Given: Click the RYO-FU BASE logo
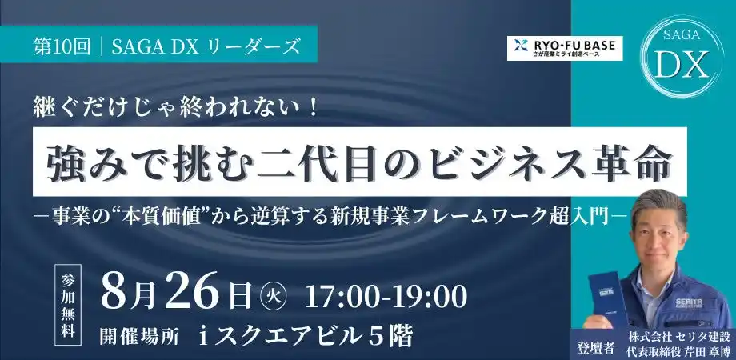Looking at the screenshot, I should point(566,47).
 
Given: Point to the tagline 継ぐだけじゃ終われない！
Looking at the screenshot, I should point(177,106).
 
